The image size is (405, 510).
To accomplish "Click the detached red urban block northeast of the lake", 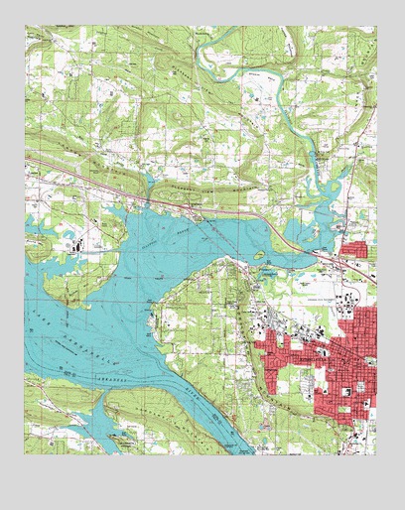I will click(352, 248).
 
